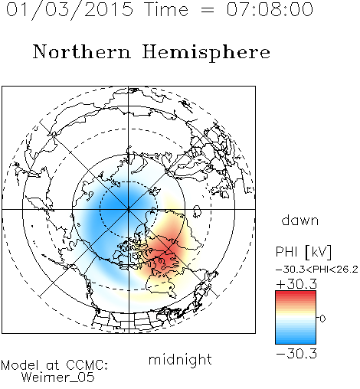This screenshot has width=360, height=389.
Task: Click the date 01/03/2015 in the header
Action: pos(70,9)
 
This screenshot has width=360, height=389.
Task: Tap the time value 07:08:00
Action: pos(270,9)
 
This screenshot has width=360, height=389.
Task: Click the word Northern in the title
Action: pos(82,51)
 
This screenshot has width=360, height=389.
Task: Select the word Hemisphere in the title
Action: pos(206,52)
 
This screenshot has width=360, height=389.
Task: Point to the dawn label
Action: pos(300,220)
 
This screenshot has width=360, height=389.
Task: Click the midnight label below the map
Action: pos(180,359)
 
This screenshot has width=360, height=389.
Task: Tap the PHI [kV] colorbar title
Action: pos(303,252)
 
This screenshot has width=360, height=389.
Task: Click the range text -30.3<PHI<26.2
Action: pos(317,270)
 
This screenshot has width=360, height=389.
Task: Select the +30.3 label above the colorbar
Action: pos(296,284)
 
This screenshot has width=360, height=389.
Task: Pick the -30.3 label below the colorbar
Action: pos(296,354)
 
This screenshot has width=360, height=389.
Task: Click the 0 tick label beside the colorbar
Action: pos(322,319)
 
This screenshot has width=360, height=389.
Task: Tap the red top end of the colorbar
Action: pos(296,293)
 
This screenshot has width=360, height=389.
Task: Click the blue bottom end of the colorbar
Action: pos(296,342)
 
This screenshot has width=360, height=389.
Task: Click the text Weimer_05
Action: pos(58,378)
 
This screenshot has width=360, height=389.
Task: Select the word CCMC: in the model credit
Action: pos(87,365)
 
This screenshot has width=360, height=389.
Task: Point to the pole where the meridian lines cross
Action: pos(129,209)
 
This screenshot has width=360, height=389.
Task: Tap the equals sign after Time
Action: pos(207,10)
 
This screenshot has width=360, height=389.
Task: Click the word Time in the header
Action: pos(166,9)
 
